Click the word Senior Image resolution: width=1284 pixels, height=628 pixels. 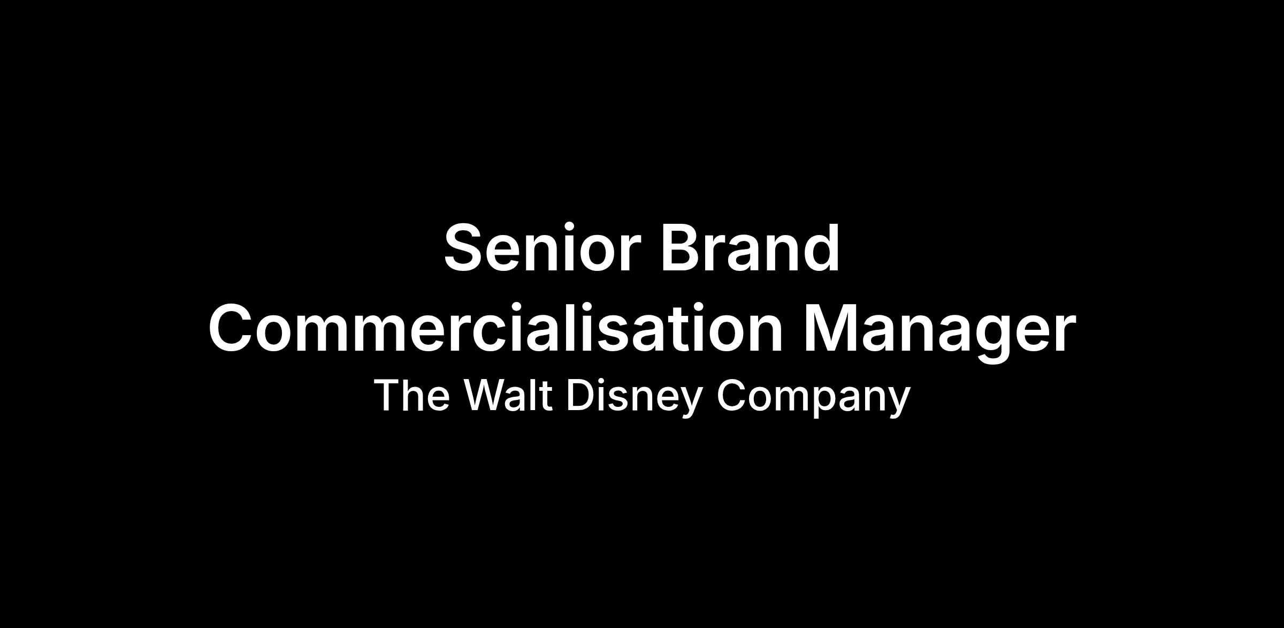pyautogui.click(x=542, y=247)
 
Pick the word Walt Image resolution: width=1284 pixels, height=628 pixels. pyautogui.click(x=508, y=395)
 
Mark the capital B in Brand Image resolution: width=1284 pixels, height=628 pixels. pyautogui.click(x=682, y=247)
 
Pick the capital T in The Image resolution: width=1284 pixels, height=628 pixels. pyautogui.click(x=386, y=395)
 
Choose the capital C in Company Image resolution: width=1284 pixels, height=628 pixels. pyautogui.click(x=730, y=395)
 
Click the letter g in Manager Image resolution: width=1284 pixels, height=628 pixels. pyautogui.click(x=991, y=339)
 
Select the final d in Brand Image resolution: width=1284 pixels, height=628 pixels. pyautogui.click(x=820, y=247)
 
